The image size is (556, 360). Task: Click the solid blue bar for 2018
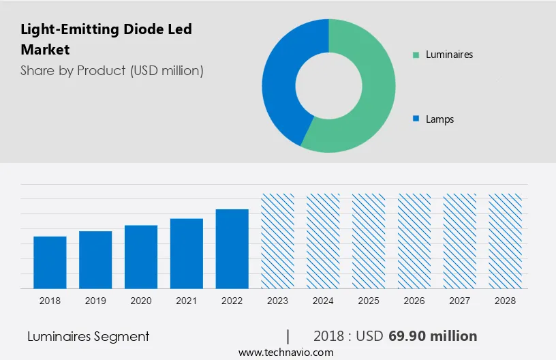coord(50,262)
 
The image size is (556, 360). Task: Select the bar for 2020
coord(141,257)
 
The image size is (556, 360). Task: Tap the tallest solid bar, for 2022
coord(232,249)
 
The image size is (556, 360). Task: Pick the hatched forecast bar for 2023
coord(278,241)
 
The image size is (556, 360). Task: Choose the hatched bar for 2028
coord(506,241)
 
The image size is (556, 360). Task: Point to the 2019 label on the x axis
coord(95,301)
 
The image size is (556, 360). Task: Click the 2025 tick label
coord(369,301)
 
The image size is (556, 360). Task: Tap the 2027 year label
coord(460,301)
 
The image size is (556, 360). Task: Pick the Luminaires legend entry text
coord(449,55)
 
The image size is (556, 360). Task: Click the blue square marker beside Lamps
coord(416,119)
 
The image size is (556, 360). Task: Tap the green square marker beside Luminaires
coord(416,55)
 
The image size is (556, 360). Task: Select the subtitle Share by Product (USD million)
coord(112,70)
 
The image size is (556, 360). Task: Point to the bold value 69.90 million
coord(433,336)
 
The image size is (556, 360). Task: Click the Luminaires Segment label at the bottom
coord(89,336)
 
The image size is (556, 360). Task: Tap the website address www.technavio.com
coord(286,352)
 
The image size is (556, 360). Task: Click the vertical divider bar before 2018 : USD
coord(288,336)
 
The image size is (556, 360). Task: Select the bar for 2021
coord(187,254)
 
